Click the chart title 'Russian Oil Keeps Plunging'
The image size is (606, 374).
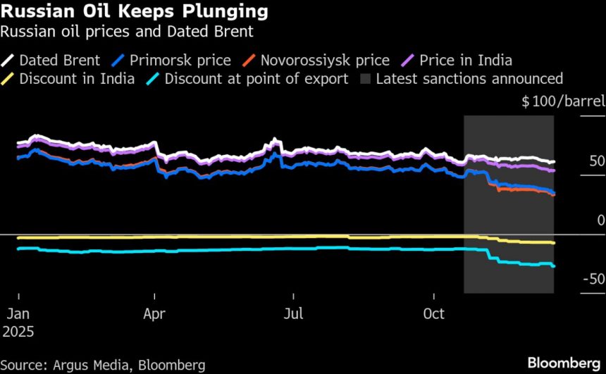point(133,12)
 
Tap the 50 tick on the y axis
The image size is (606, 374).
point(597,162)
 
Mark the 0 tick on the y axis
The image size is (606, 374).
point(600,220)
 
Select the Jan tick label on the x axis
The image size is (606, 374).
point(18,313)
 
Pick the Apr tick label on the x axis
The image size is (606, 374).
point(155,313)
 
